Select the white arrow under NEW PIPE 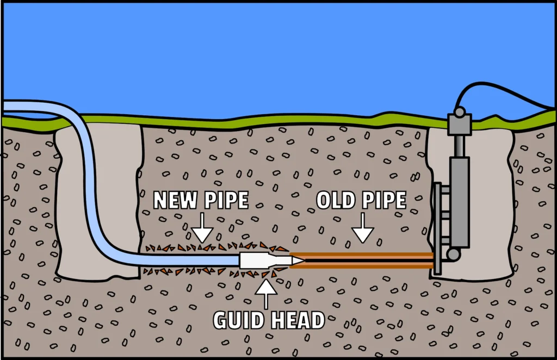[202, 229]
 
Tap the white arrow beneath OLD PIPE [362, 229]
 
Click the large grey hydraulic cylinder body [459, 201]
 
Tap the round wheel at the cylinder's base [453, 254]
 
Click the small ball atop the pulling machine [460, 112]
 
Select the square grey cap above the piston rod [459, 125]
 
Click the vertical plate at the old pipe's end [436, 228]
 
